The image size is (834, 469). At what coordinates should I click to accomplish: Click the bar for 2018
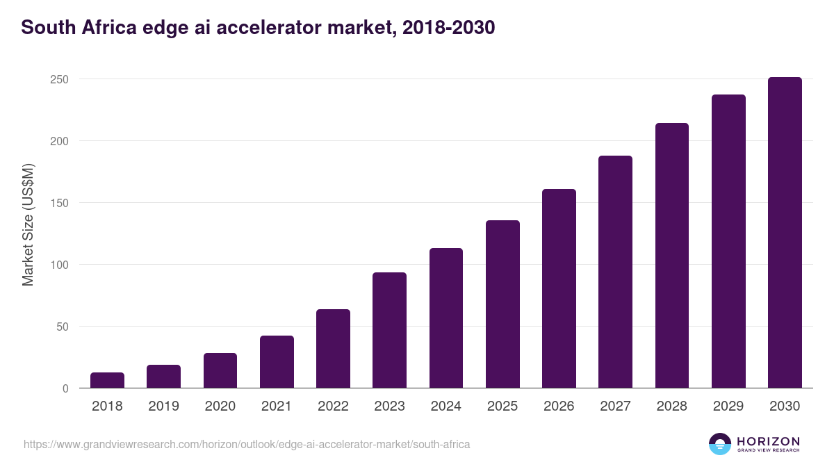pos(107,381)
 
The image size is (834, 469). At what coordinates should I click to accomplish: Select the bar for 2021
pos(277,362)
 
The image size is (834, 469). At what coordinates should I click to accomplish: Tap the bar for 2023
pos(389,331)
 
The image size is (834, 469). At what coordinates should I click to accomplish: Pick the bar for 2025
pos(502,304)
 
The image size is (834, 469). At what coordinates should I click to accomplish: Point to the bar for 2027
pos(615,272)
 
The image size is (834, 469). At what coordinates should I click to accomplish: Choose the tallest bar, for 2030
pos(785,233)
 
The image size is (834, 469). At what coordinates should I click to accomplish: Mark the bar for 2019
pos(163,377)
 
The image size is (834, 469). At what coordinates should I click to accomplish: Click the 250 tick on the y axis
pos(59,79)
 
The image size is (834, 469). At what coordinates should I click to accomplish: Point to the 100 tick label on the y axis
pos(59,265)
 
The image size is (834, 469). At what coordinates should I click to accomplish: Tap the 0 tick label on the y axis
pos(65,388)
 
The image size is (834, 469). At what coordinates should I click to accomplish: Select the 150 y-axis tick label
pos(59,203)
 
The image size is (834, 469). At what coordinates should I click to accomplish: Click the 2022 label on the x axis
pos(333,406)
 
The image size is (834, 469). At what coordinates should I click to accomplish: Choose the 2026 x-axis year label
pos(559,406)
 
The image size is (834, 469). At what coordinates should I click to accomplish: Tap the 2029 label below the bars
pos(728,406)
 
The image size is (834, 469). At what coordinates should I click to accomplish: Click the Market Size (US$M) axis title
pos(28,225)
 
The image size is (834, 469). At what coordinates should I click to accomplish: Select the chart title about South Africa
pos(258,28)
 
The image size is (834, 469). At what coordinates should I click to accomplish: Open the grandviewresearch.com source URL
pos(247,444)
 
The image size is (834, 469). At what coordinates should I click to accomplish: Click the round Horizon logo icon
pos(720,444)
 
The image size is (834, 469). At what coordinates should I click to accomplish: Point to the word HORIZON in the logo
pos(768,441)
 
